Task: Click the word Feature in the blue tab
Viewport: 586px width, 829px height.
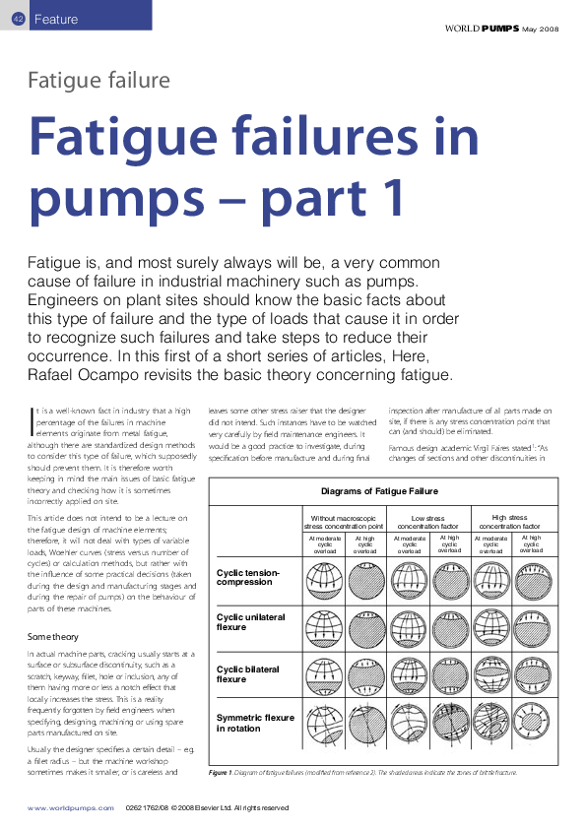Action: [56, 20]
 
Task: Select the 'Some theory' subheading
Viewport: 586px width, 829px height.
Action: [55, 637]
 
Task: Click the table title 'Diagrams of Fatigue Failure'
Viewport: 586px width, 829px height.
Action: [380, 490]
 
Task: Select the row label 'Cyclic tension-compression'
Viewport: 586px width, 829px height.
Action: [249, 576]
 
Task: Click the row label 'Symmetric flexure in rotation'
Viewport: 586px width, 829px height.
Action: [255, 724]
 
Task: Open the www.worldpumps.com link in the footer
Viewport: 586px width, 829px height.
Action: [67, 807]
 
